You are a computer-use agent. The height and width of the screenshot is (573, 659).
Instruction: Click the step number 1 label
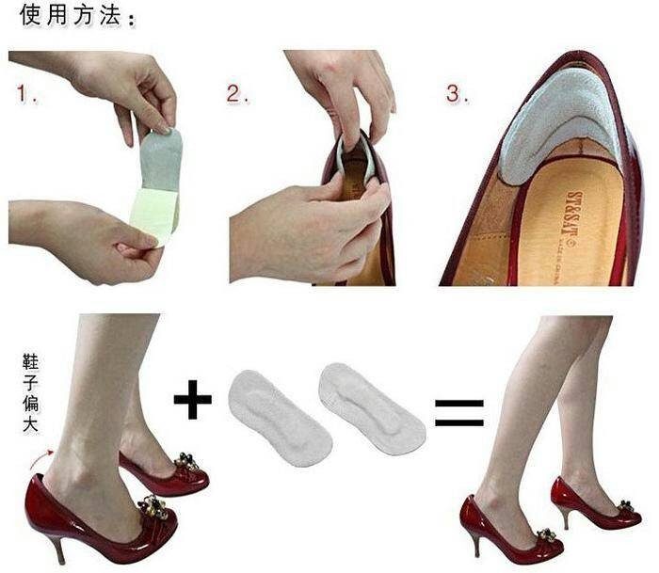tap(26, 94)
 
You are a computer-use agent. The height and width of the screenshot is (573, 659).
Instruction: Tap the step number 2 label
tap(236, 94)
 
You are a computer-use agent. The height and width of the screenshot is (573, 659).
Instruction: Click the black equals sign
tap(458, 411)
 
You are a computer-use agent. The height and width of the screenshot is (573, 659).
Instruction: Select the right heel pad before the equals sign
tap(370, 406)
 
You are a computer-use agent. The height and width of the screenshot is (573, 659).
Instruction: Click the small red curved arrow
tap(43, 460)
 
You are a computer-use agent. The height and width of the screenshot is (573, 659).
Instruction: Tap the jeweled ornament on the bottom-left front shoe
tap(153, 508)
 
